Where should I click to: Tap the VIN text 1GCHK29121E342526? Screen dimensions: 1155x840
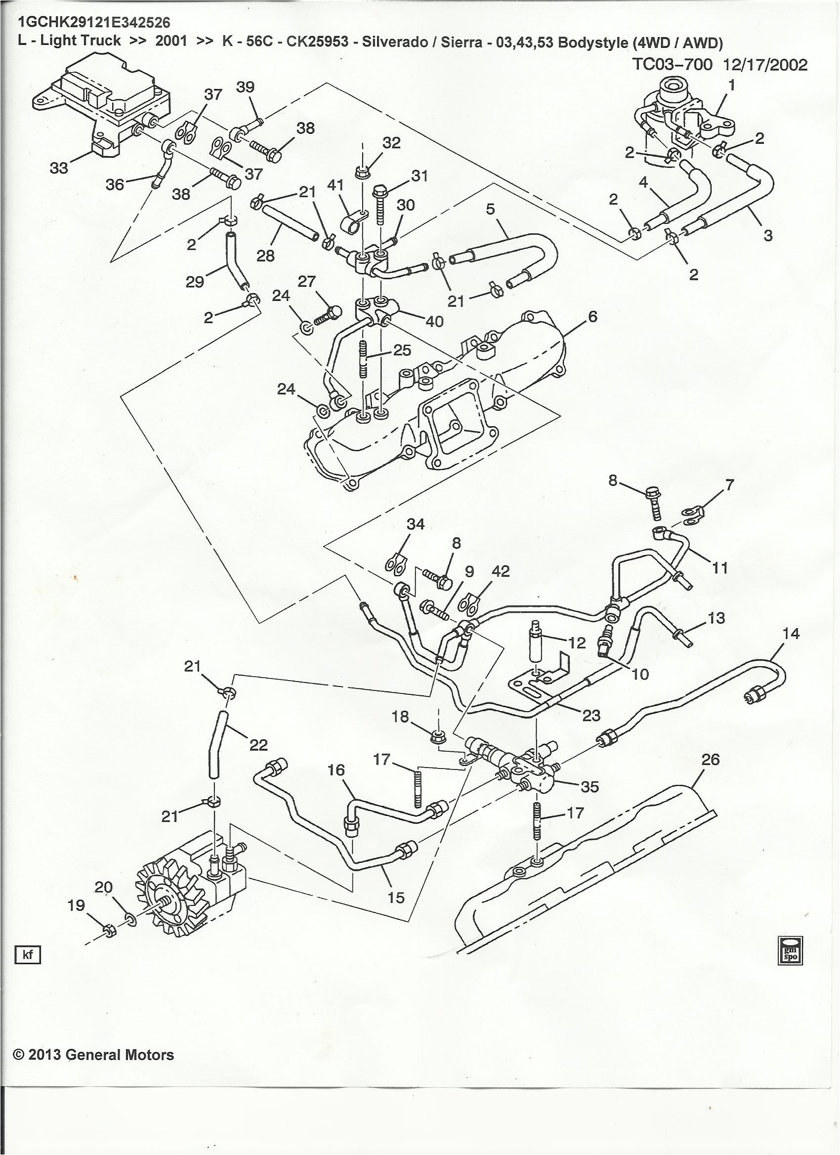[x=94, y=22]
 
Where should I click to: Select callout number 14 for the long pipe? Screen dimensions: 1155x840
[x=791, y=634]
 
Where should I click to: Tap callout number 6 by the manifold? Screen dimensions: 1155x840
[x=592, y=316]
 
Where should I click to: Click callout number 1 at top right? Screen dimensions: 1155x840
[x=732, y=86]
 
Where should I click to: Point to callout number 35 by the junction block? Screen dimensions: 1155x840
[x=589, y=786]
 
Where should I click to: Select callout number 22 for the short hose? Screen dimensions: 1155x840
[x=258, y=745]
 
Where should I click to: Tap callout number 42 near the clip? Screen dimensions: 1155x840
[x=501, y=571]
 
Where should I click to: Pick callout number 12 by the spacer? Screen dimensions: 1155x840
[x=577, y=642]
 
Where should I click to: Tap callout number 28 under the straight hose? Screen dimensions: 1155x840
[x=265, y=255]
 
